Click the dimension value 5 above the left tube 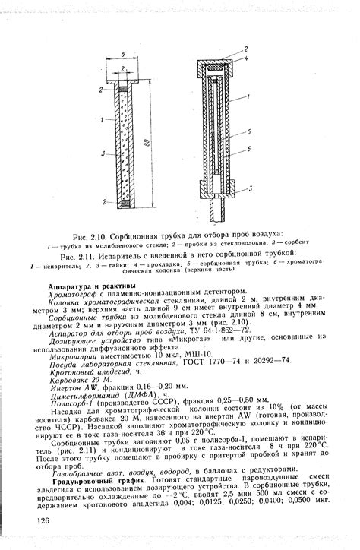[122, 54]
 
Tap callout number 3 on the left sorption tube [102, 153]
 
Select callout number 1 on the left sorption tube [102, 120]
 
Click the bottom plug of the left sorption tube [122, 201]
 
